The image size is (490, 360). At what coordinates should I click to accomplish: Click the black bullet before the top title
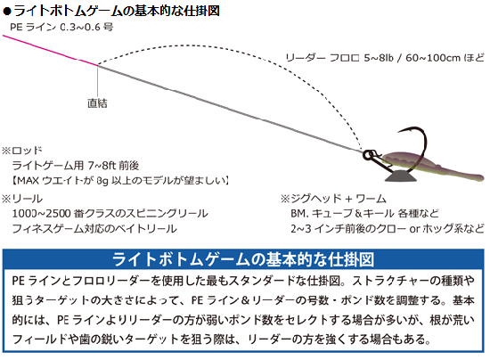(7, 12)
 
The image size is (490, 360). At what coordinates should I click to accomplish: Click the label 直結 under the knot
(97, 103)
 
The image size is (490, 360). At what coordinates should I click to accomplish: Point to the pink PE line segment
(50, 50)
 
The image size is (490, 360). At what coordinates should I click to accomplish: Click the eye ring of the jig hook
(367, 155)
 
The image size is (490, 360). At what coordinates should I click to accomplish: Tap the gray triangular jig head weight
(401, 176)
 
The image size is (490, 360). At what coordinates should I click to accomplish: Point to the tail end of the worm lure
(480, 176)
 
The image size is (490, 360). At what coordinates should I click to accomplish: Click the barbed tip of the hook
(399, 132)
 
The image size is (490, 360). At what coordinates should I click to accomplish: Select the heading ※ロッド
(22, 151)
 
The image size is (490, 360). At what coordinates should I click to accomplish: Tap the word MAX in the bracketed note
(28, 181)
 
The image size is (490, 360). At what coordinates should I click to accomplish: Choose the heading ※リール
(22, 199)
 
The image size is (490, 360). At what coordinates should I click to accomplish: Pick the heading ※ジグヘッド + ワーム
(333, 199)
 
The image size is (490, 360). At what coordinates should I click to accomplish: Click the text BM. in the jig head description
(299, 214)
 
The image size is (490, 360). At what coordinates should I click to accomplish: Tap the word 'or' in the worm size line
(414, 229)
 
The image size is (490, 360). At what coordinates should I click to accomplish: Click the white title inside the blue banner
(243, 259)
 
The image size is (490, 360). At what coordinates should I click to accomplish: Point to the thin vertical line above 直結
(98, 81)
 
